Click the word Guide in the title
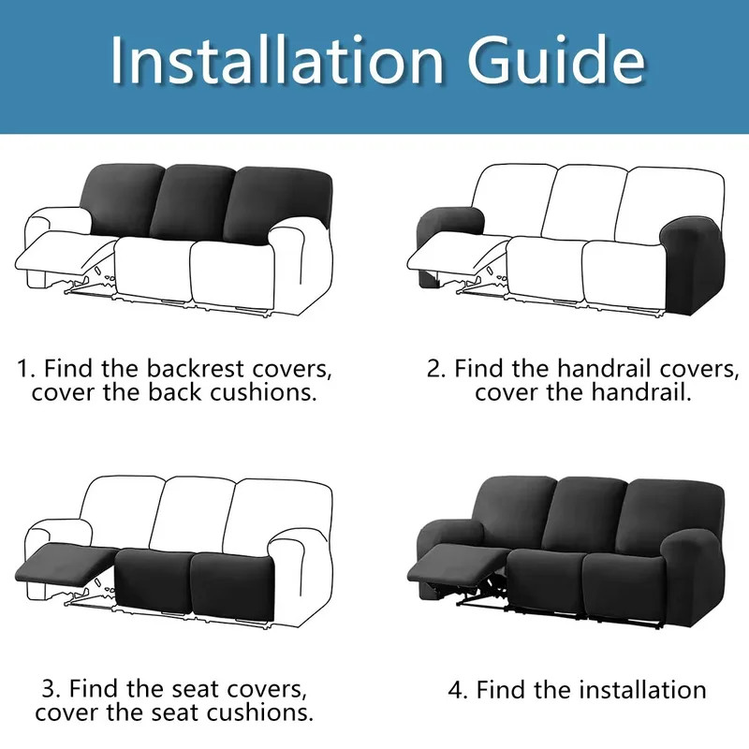point(556,60)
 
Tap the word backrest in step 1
point(195,368)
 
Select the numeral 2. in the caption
point(436,369)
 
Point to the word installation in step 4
point(643,690)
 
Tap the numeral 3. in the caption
point(51,689)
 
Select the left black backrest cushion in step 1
point(125,199)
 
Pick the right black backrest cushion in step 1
point(278,206)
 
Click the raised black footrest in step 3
point(66,562)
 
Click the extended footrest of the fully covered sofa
point(458,564)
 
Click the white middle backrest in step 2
point(586,201)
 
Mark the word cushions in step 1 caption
point(263,392)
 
